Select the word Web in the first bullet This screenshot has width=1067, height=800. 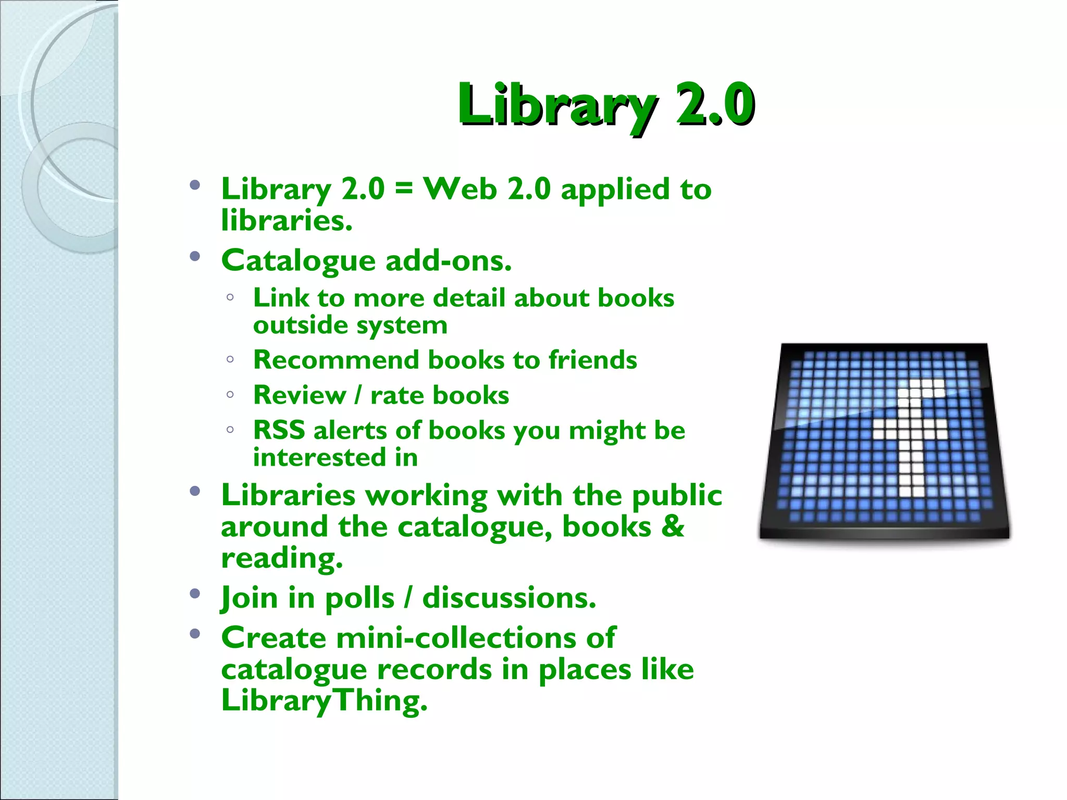click(x=459, y=189)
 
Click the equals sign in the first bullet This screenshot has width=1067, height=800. click(x=404, y=189)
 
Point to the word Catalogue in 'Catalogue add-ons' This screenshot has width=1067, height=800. click(x=299, y=260)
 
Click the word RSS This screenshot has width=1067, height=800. click(x=279, y=430)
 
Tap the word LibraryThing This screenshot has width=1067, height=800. click(x=324, y=701)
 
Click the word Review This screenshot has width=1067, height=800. click(x=300, y=395)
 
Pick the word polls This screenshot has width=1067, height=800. click(x=359, y=598)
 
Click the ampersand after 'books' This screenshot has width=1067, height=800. click(x=673, y=527)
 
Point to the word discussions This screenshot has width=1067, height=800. click(x=508, y=598)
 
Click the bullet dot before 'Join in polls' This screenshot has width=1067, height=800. click(x=195, y=593)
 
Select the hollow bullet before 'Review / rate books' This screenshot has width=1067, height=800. click(x=230, y=395)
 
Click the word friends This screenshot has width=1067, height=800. click(x=592, y=360)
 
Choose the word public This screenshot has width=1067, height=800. click(x=677, y=495)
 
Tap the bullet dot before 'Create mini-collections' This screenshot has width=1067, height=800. click(x=195, y=633)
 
